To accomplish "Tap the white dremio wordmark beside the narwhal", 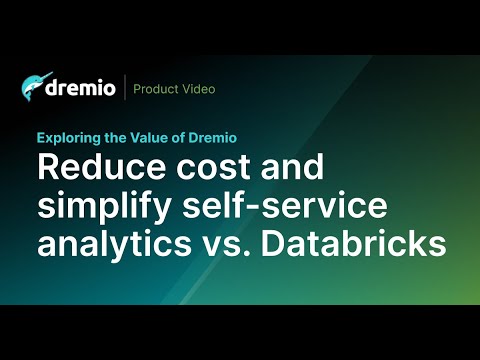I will coord(82,89).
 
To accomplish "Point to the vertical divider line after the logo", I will coord(124,88).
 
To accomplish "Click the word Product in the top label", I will coord(157,89).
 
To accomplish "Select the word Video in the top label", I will coord(199,89).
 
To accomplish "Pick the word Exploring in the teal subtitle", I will coord(67,139).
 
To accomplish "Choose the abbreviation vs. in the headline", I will coord(229,242).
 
